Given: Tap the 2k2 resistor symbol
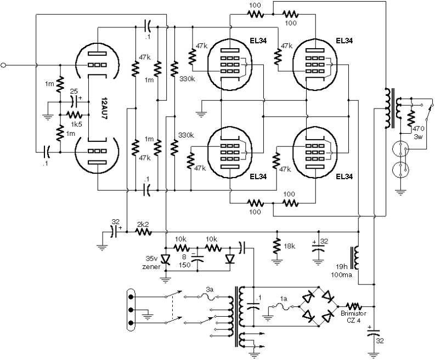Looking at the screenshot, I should click(x=144, y=232).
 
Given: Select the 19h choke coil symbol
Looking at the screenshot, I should click(x=358, y=258).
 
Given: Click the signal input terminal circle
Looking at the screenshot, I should click(x=4, y=65).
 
